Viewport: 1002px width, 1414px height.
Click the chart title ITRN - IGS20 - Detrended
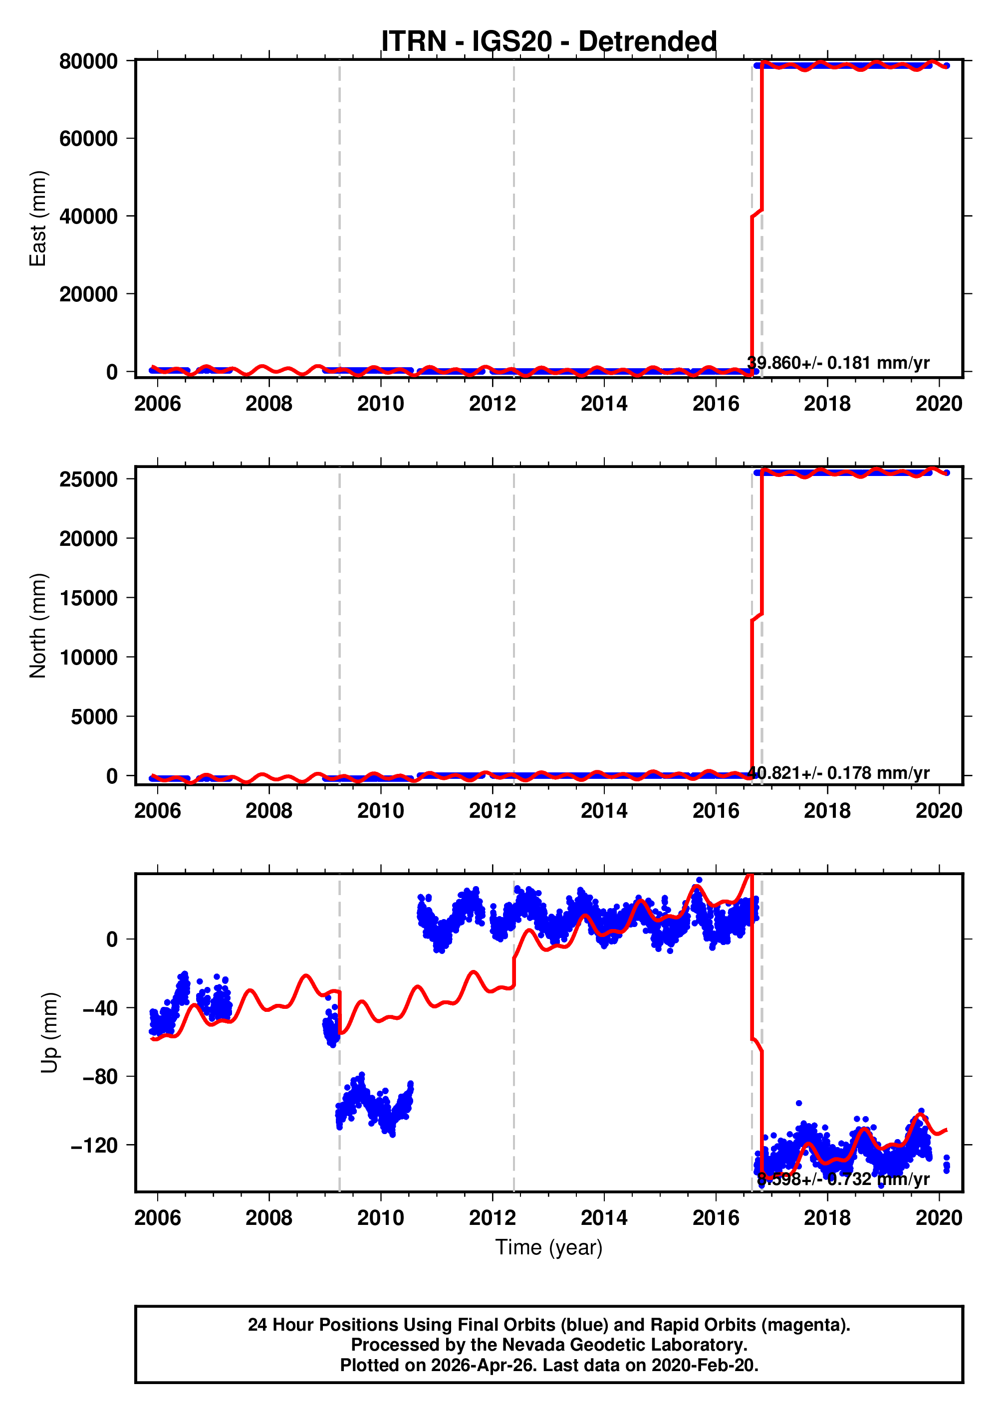548,41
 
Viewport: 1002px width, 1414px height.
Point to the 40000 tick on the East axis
88,217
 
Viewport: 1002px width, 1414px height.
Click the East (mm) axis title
37,219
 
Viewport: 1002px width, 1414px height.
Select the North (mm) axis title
37,626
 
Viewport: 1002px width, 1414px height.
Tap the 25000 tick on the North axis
88,479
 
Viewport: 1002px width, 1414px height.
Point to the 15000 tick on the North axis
88,598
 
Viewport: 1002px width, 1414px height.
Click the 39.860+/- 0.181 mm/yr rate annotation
838,363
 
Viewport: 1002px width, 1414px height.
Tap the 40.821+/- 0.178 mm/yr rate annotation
838,772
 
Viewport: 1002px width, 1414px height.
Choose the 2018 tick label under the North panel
827,811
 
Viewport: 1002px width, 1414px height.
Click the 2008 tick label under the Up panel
268,1218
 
